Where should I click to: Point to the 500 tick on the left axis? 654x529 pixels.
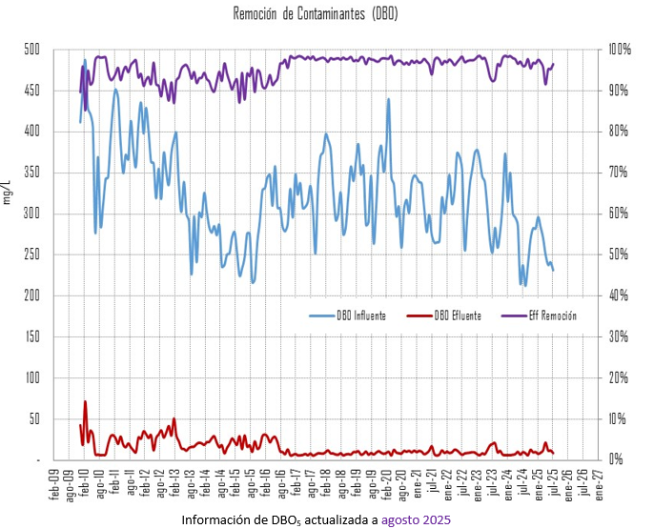31,50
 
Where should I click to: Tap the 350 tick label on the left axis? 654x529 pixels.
31,173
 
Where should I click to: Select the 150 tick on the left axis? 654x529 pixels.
31,336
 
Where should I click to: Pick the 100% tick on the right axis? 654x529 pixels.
620,50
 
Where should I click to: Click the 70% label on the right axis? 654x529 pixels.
619,173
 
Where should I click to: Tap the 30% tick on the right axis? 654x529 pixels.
619,336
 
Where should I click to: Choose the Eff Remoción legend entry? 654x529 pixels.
552,315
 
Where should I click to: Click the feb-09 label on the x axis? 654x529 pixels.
53,480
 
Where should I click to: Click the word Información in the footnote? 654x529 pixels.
217,519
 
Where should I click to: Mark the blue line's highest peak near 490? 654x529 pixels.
85,60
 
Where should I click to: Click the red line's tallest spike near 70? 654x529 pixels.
85,401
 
